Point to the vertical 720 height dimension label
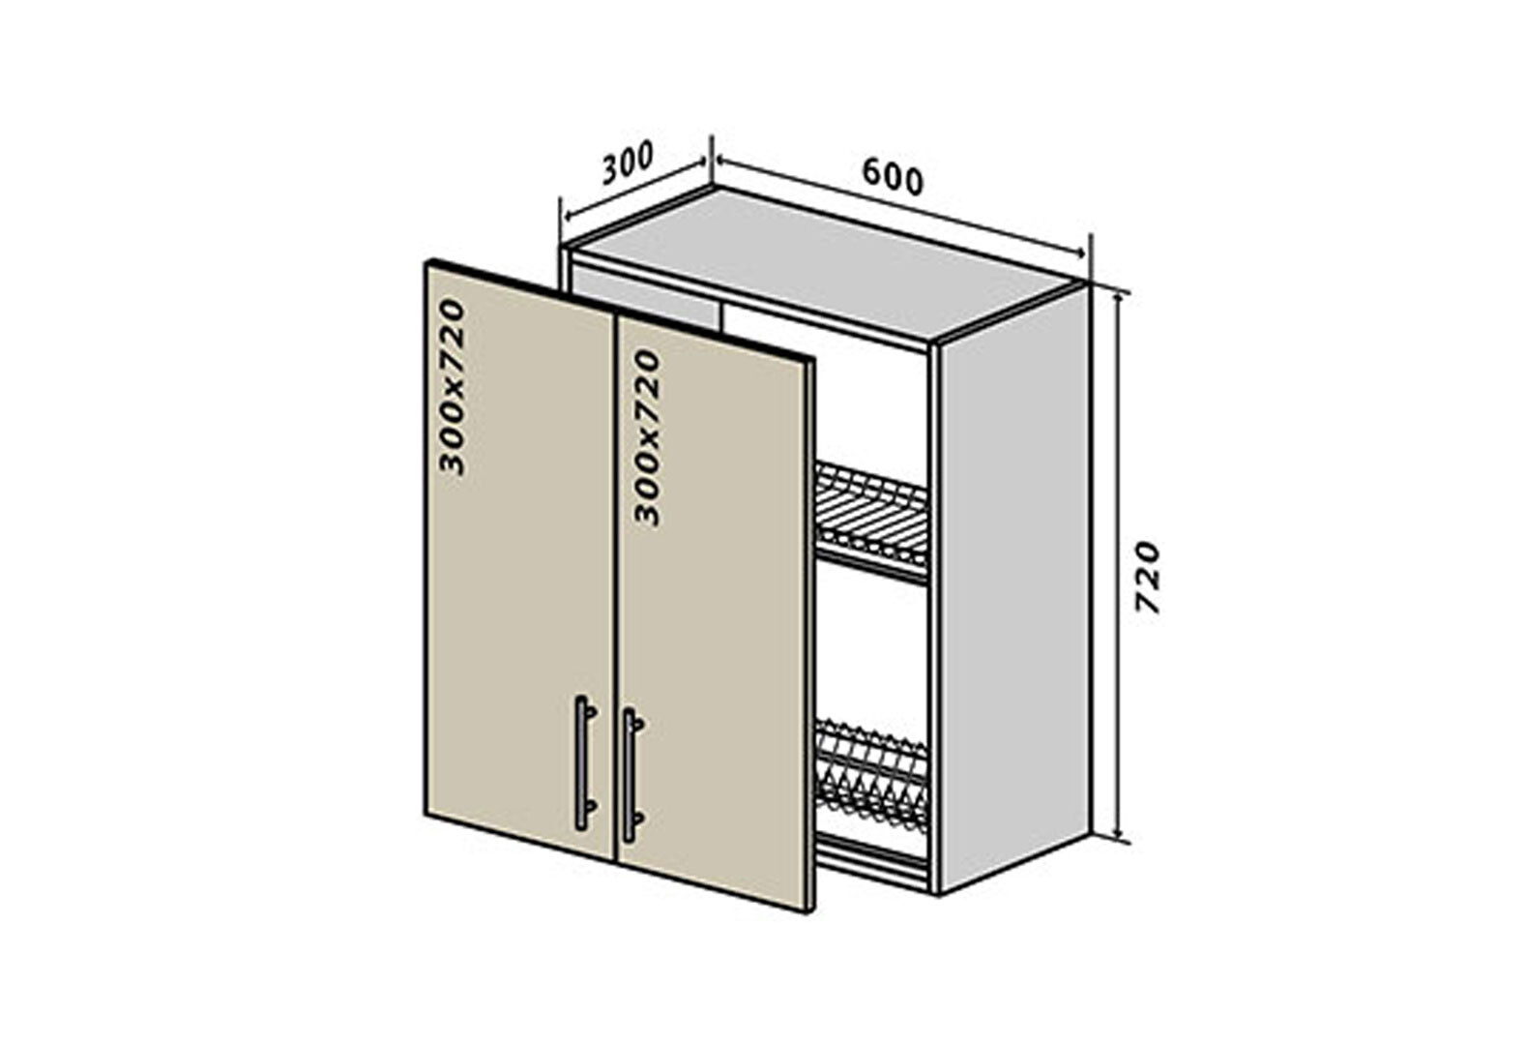tap(1147, 577)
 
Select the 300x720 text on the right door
tap(647, 437)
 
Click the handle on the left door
tap(582, 761)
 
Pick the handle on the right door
tap(631, 774)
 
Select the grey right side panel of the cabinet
tap(1013, 590)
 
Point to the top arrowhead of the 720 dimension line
tap(1119, 296)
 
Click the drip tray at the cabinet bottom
tap(872, 856)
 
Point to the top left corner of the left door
tap(427, 261)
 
